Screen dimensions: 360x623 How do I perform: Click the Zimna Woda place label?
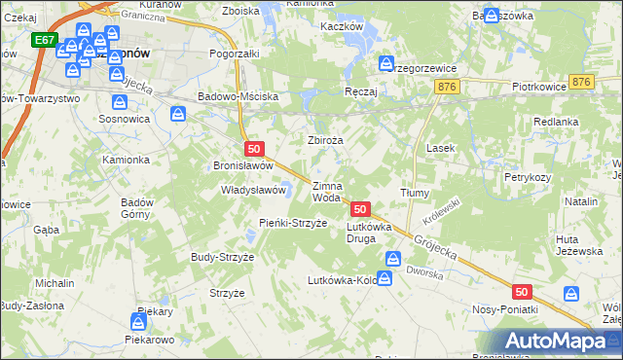coord(326,192)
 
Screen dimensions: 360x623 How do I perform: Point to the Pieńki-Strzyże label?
coord(265,223)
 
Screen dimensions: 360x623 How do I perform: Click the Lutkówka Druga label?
coord(368,233)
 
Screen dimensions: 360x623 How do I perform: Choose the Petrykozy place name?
coord(528,178)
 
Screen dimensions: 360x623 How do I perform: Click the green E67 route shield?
coord(44,41)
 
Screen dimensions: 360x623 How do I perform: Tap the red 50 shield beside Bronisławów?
coord(254,149)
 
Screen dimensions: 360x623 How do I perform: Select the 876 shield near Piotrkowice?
coord(583,84)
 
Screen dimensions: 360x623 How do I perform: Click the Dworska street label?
coord(423,273)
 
